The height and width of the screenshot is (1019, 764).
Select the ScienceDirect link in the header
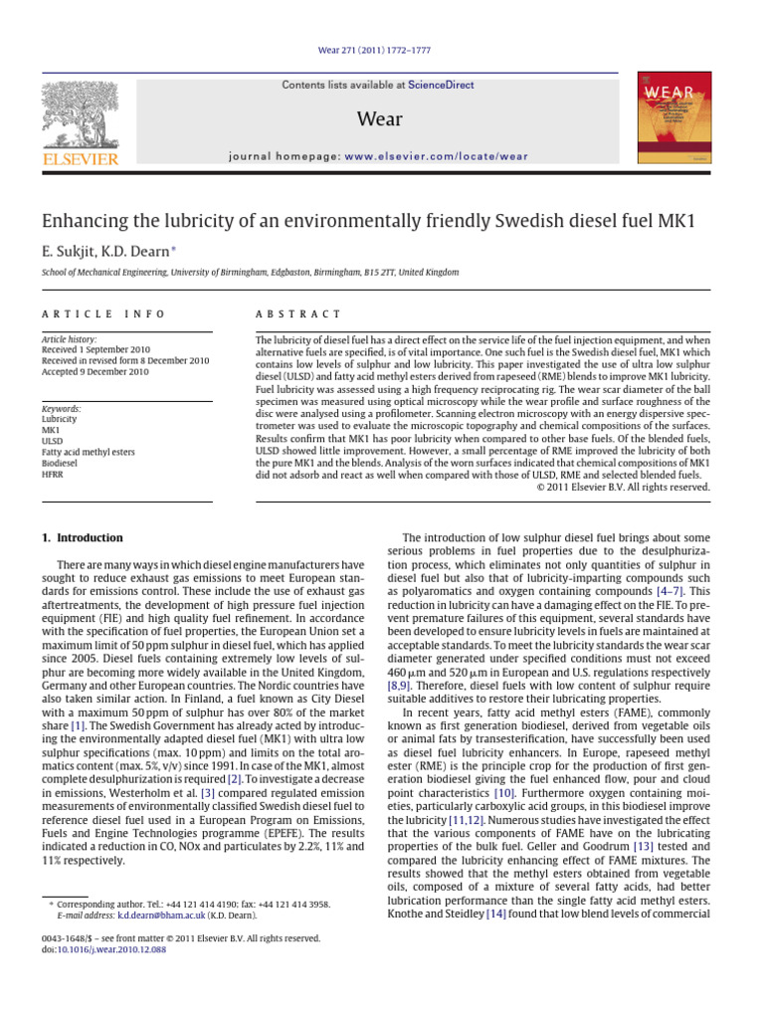coord(446,86)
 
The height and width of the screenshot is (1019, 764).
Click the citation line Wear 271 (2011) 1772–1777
coord(381,50)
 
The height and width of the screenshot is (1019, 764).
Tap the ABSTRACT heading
coord(298,314)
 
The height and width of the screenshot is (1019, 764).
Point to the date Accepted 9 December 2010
coord(95,372)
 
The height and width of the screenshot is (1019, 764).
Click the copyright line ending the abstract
coord(624,488)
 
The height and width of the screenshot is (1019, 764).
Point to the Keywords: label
coord(62,409)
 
